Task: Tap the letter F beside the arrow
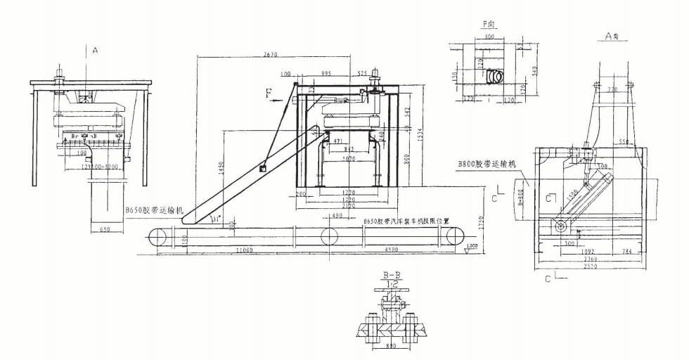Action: click(269, 91)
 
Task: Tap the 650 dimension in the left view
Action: click(103, 229)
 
